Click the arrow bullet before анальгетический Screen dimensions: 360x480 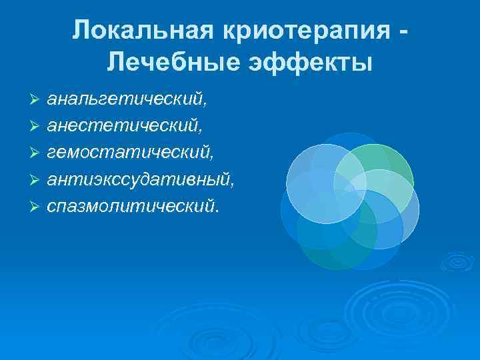pyautogui.click(x=36, y=100)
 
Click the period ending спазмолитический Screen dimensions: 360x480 pyautogui.click(x=216, y=209)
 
